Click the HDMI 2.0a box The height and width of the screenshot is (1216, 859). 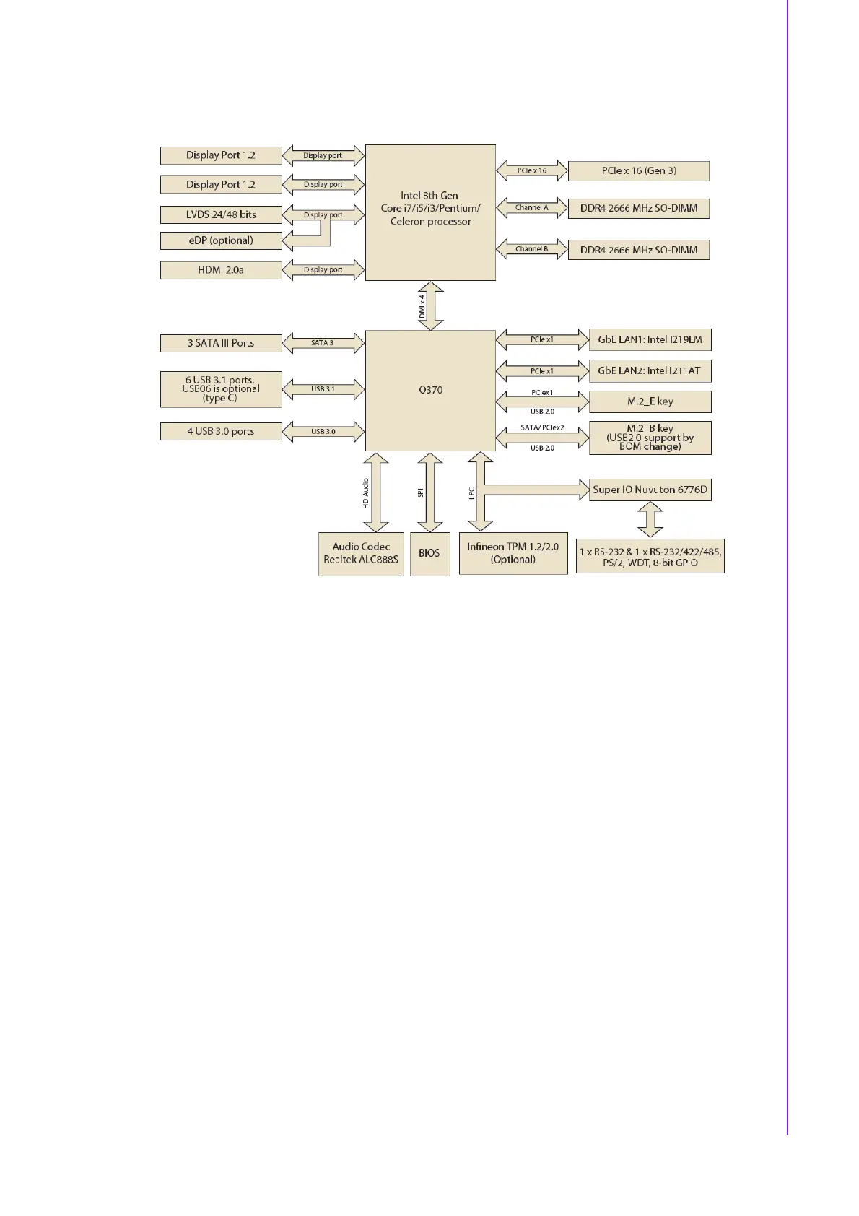(221, 270)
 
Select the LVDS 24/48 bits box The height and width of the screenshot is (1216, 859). (221, 214)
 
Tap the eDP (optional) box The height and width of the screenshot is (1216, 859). (221, 240)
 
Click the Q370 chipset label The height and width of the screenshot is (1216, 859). (430, 390)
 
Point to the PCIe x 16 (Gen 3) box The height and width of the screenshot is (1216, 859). (638, 171)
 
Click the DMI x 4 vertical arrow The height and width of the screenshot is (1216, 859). (430, 306)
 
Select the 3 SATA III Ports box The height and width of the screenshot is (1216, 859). (221, 343)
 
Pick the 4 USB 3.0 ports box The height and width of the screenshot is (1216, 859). (221, 431)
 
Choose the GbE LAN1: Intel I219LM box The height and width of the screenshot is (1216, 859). (650, 339)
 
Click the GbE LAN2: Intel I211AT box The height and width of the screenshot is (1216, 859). (650, 370)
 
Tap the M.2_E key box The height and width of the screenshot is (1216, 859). (650, 401)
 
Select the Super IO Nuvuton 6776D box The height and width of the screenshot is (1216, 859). (650, 490)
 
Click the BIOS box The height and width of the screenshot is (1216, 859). (429, 553)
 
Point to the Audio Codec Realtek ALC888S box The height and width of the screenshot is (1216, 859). (361, 553)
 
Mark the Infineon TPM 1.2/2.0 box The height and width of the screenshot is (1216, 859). (513, 553)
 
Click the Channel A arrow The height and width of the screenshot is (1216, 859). (532, 208)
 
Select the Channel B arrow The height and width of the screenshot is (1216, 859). (532, 249)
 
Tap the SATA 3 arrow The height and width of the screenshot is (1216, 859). (323, 343)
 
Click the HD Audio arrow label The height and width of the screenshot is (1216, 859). (366, 493)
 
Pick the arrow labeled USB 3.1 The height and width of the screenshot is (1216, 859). (323, 389)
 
